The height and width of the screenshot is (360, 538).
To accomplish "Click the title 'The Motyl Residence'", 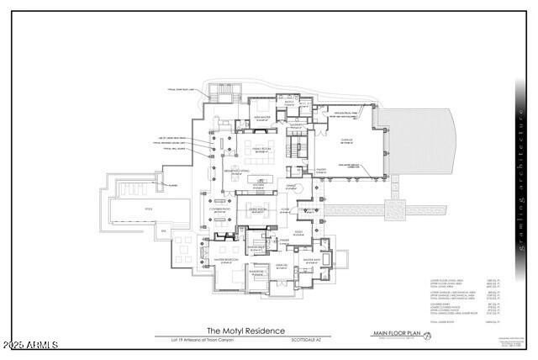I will click(x=246, y=331).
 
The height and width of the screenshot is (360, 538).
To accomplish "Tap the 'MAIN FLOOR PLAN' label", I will click(x=396, y=334).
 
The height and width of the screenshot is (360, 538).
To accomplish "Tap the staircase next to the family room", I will click(x=294, y=150).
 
